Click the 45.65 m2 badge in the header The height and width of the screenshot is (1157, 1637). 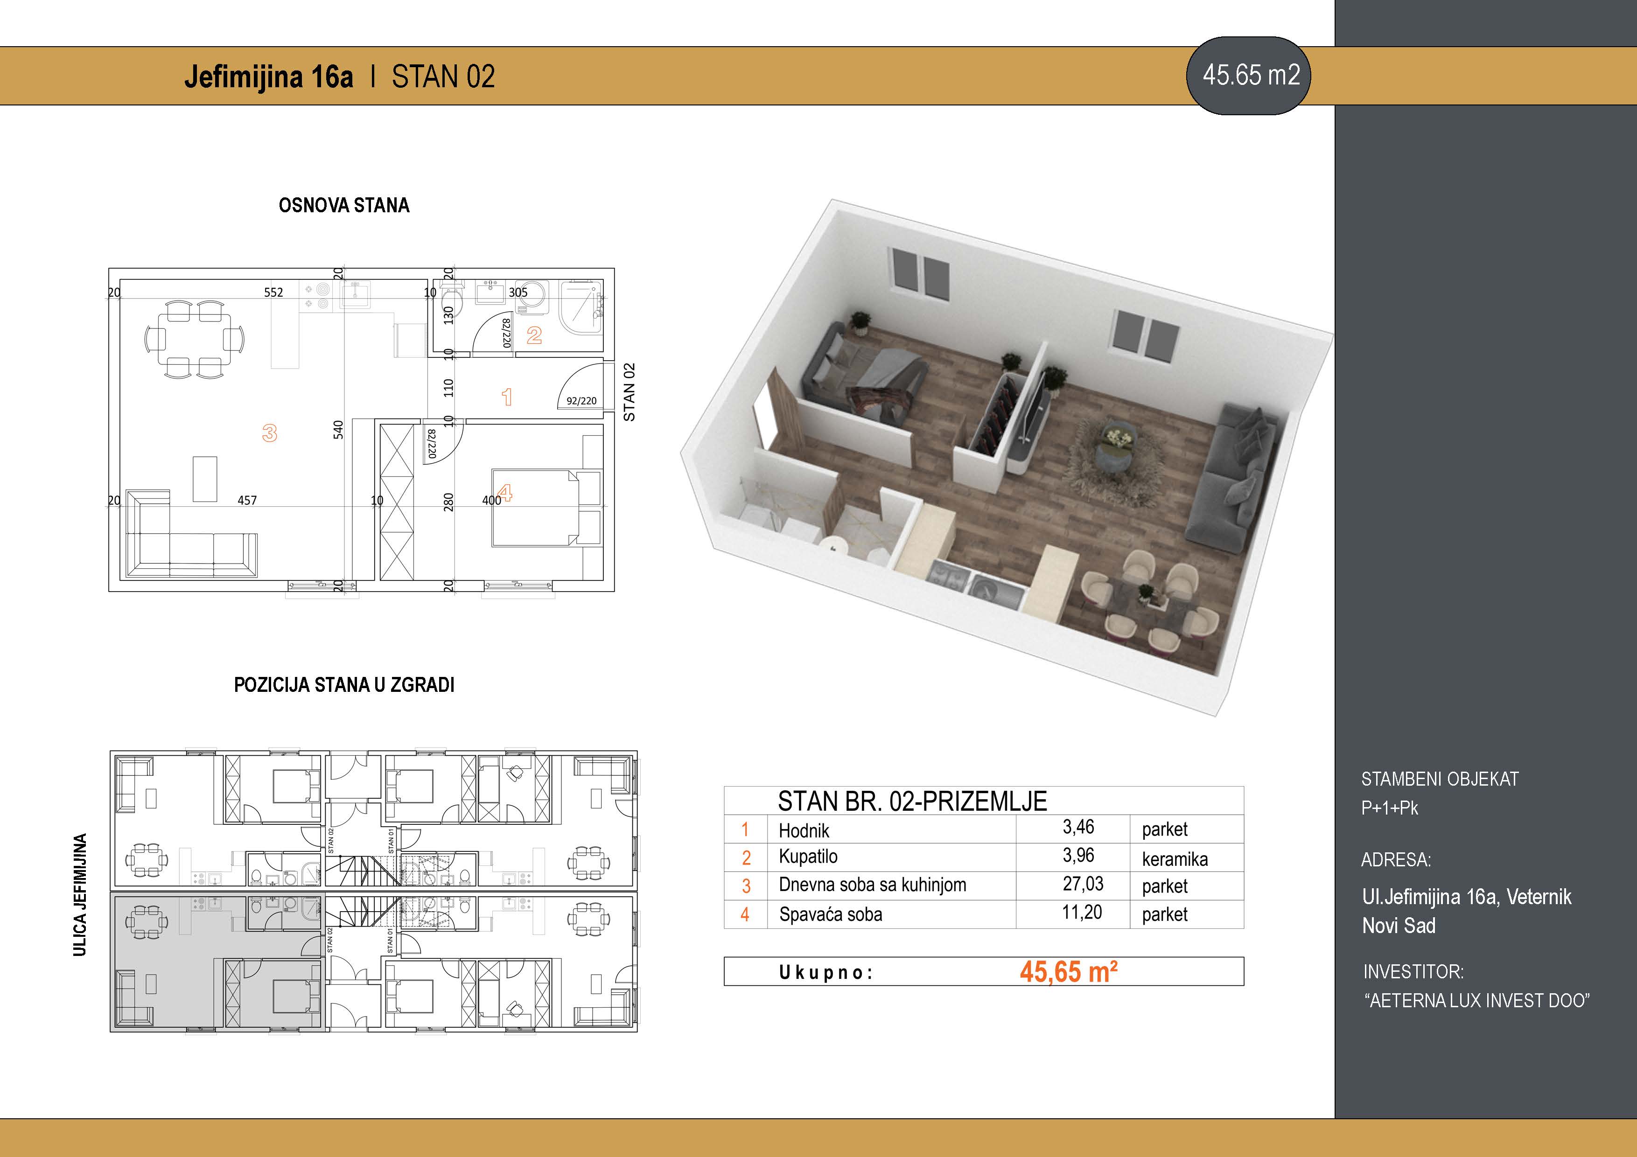(1248, 76)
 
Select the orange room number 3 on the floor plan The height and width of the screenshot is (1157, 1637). (270, 433)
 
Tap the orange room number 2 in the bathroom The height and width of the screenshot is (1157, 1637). (534, 335)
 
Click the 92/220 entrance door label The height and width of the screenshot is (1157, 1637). (581, 401)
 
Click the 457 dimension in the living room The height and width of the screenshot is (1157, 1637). (247, 501)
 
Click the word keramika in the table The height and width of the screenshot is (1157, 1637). (1174, 859)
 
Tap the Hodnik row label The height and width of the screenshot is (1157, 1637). (804, 830)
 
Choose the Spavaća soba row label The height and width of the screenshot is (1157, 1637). (831, 914)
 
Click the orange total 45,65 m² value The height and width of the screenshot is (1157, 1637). (1068, 972)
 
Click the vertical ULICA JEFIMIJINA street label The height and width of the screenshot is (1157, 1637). (80, 895)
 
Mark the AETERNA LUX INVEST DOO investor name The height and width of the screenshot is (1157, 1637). (1477, 1000)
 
